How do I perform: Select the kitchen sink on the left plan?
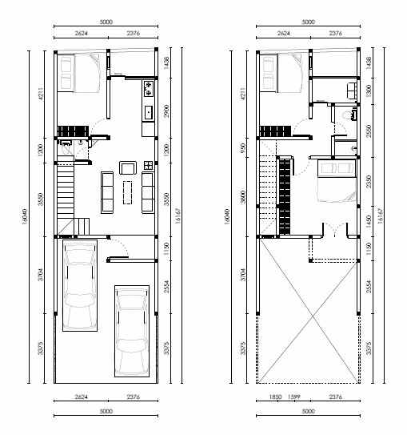[x=148, y=111]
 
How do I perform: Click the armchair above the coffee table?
[x=127, y=167]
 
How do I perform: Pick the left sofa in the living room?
[x=107, y=192]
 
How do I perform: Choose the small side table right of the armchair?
[x=147, y=167]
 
